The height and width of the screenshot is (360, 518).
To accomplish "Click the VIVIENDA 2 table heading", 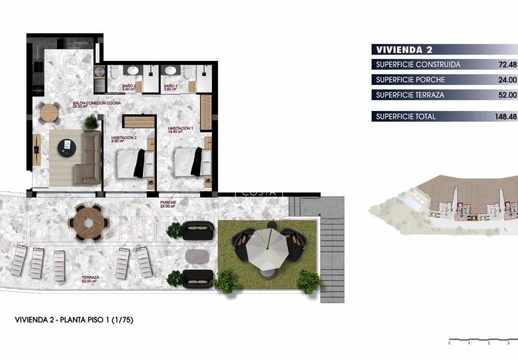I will [398, 49].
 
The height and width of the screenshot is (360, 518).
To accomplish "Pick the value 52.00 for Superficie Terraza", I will [507, 95].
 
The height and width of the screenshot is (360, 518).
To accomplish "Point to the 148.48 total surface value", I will [506, 117].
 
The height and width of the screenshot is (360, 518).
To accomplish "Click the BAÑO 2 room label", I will [116, 87].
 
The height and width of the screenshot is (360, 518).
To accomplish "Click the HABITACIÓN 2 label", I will [125, 139].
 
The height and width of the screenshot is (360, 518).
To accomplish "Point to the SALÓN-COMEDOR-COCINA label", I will [96, 104].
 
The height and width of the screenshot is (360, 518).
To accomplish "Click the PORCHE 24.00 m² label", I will [168, 204].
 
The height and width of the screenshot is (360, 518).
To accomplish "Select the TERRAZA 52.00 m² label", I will [90, 279].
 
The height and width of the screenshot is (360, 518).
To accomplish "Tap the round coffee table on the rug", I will [68, 148].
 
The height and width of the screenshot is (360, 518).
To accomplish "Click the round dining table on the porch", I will [88, 223].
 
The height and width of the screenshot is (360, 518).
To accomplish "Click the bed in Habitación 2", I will [132, 163].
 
